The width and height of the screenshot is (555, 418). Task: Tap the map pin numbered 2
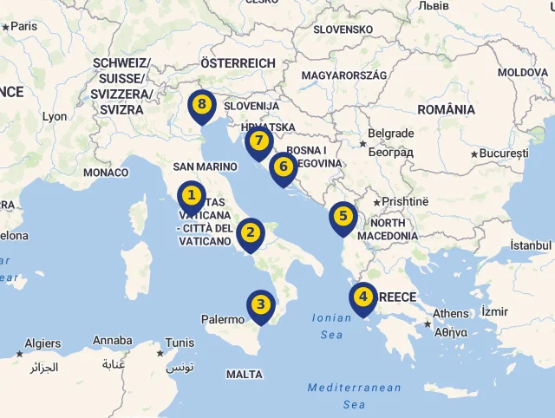(251, 232)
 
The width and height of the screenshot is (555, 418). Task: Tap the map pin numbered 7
(258, 141)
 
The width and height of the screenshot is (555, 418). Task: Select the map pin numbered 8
(201, 105)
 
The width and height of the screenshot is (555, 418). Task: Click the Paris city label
(23, 26)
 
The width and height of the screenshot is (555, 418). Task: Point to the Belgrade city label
(391, 134)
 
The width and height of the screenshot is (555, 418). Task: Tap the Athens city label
(450, 314)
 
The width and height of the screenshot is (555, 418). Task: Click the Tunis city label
(180, 342)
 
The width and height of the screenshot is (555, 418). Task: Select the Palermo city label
(223, 319)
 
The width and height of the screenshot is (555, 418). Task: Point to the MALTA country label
(244, 375)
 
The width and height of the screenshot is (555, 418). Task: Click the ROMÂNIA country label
(446, 109)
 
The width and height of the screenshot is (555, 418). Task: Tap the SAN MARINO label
(206, 167)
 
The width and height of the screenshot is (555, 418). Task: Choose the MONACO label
(106, 173)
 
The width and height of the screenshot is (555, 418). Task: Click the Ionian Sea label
(331, 326)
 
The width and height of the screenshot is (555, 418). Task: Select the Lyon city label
(54, 116)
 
